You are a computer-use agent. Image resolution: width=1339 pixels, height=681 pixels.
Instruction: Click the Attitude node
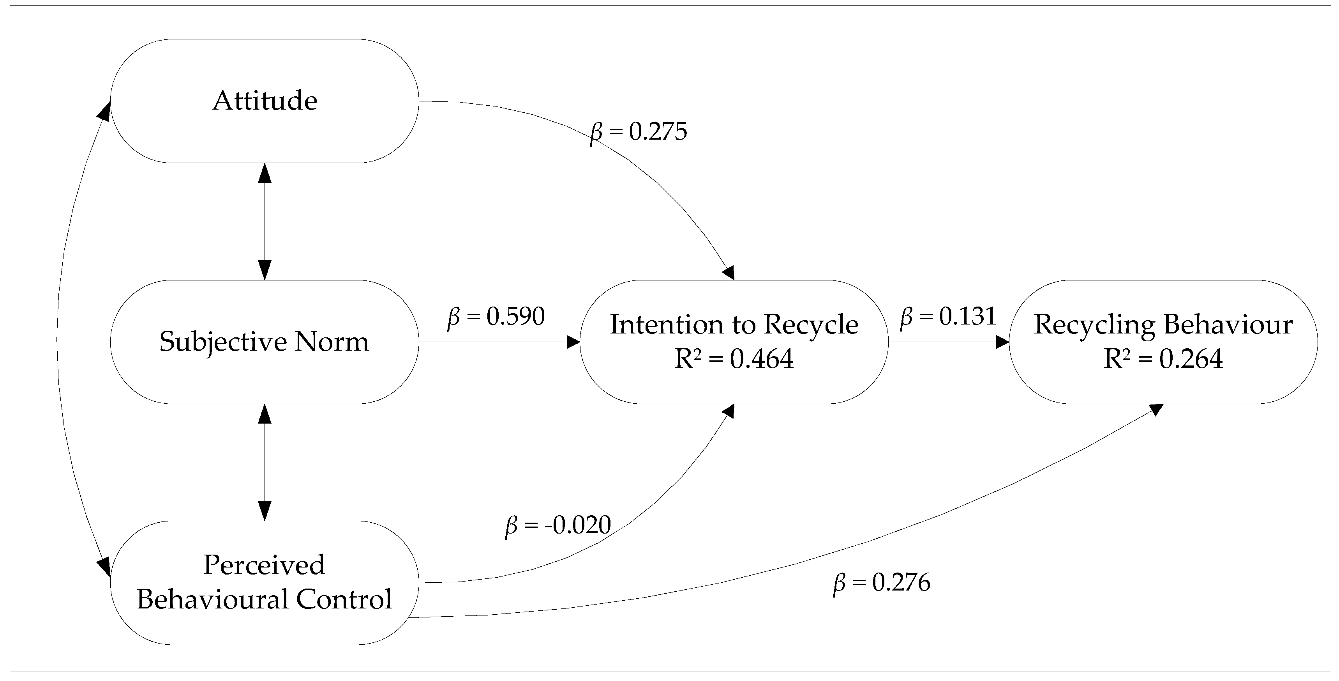coord(264,101)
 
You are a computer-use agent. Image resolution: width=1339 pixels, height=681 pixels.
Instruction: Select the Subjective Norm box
coord(264,342)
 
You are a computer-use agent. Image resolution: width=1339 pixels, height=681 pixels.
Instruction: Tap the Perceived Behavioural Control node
coord(264,583)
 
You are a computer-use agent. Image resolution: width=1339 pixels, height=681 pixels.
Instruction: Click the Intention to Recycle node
coord(734,342)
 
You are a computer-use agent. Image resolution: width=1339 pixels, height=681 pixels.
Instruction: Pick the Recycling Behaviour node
coord(1163,342)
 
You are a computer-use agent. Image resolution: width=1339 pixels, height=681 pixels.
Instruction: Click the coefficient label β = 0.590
coord(496,316)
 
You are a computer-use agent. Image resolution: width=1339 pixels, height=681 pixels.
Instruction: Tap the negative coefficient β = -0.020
coord(558,525)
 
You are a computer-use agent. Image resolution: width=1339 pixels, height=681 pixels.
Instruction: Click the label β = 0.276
coord(881,583)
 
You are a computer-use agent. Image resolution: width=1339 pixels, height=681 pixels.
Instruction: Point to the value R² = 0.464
coord(734,358)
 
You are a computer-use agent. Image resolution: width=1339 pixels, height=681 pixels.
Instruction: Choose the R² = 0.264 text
coord(1163,358)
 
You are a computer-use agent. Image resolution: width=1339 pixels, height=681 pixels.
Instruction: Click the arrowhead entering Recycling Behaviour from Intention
coord(1002,342)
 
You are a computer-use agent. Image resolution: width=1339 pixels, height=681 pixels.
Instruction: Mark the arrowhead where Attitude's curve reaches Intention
coord(729,273)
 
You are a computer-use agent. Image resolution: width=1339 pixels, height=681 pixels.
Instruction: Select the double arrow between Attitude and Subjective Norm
coord(265,222)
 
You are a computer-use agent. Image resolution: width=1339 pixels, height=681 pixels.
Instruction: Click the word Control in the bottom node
coord(344,599)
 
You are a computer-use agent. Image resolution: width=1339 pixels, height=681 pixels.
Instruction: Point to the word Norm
coord(332,342)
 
